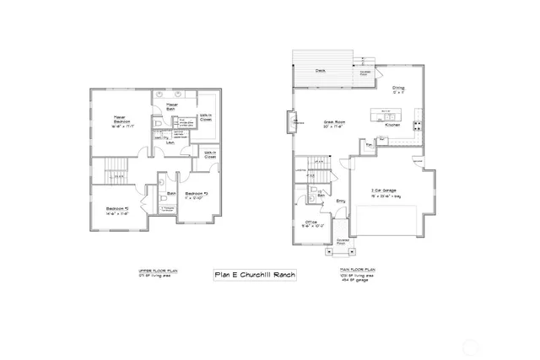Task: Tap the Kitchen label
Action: coord(393,125)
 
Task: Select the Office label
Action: coord(310,223)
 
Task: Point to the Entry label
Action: coord(342,201)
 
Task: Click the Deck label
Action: coord(321,71)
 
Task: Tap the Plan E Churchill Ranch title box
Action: coord(254,275)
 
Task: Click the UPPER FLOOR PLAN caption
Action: coord(156,272)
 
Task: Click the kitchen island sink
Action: coord(387,113)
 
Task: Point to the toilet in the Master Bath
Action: coord(159,124)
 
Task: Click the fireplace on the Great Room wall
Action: coord(294,123)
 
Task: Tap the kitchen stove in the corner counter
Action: coord(415,126)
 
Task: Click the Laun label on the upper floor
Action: coord(170,143)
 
